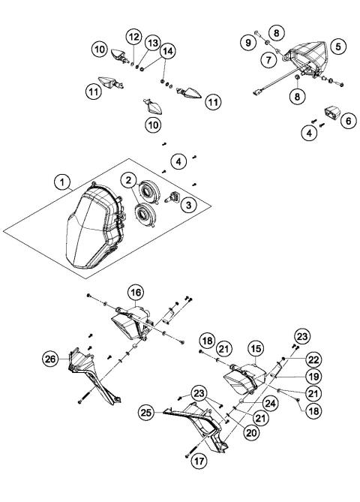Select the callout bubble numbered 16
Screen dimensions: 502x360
(x=136, y=291)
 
